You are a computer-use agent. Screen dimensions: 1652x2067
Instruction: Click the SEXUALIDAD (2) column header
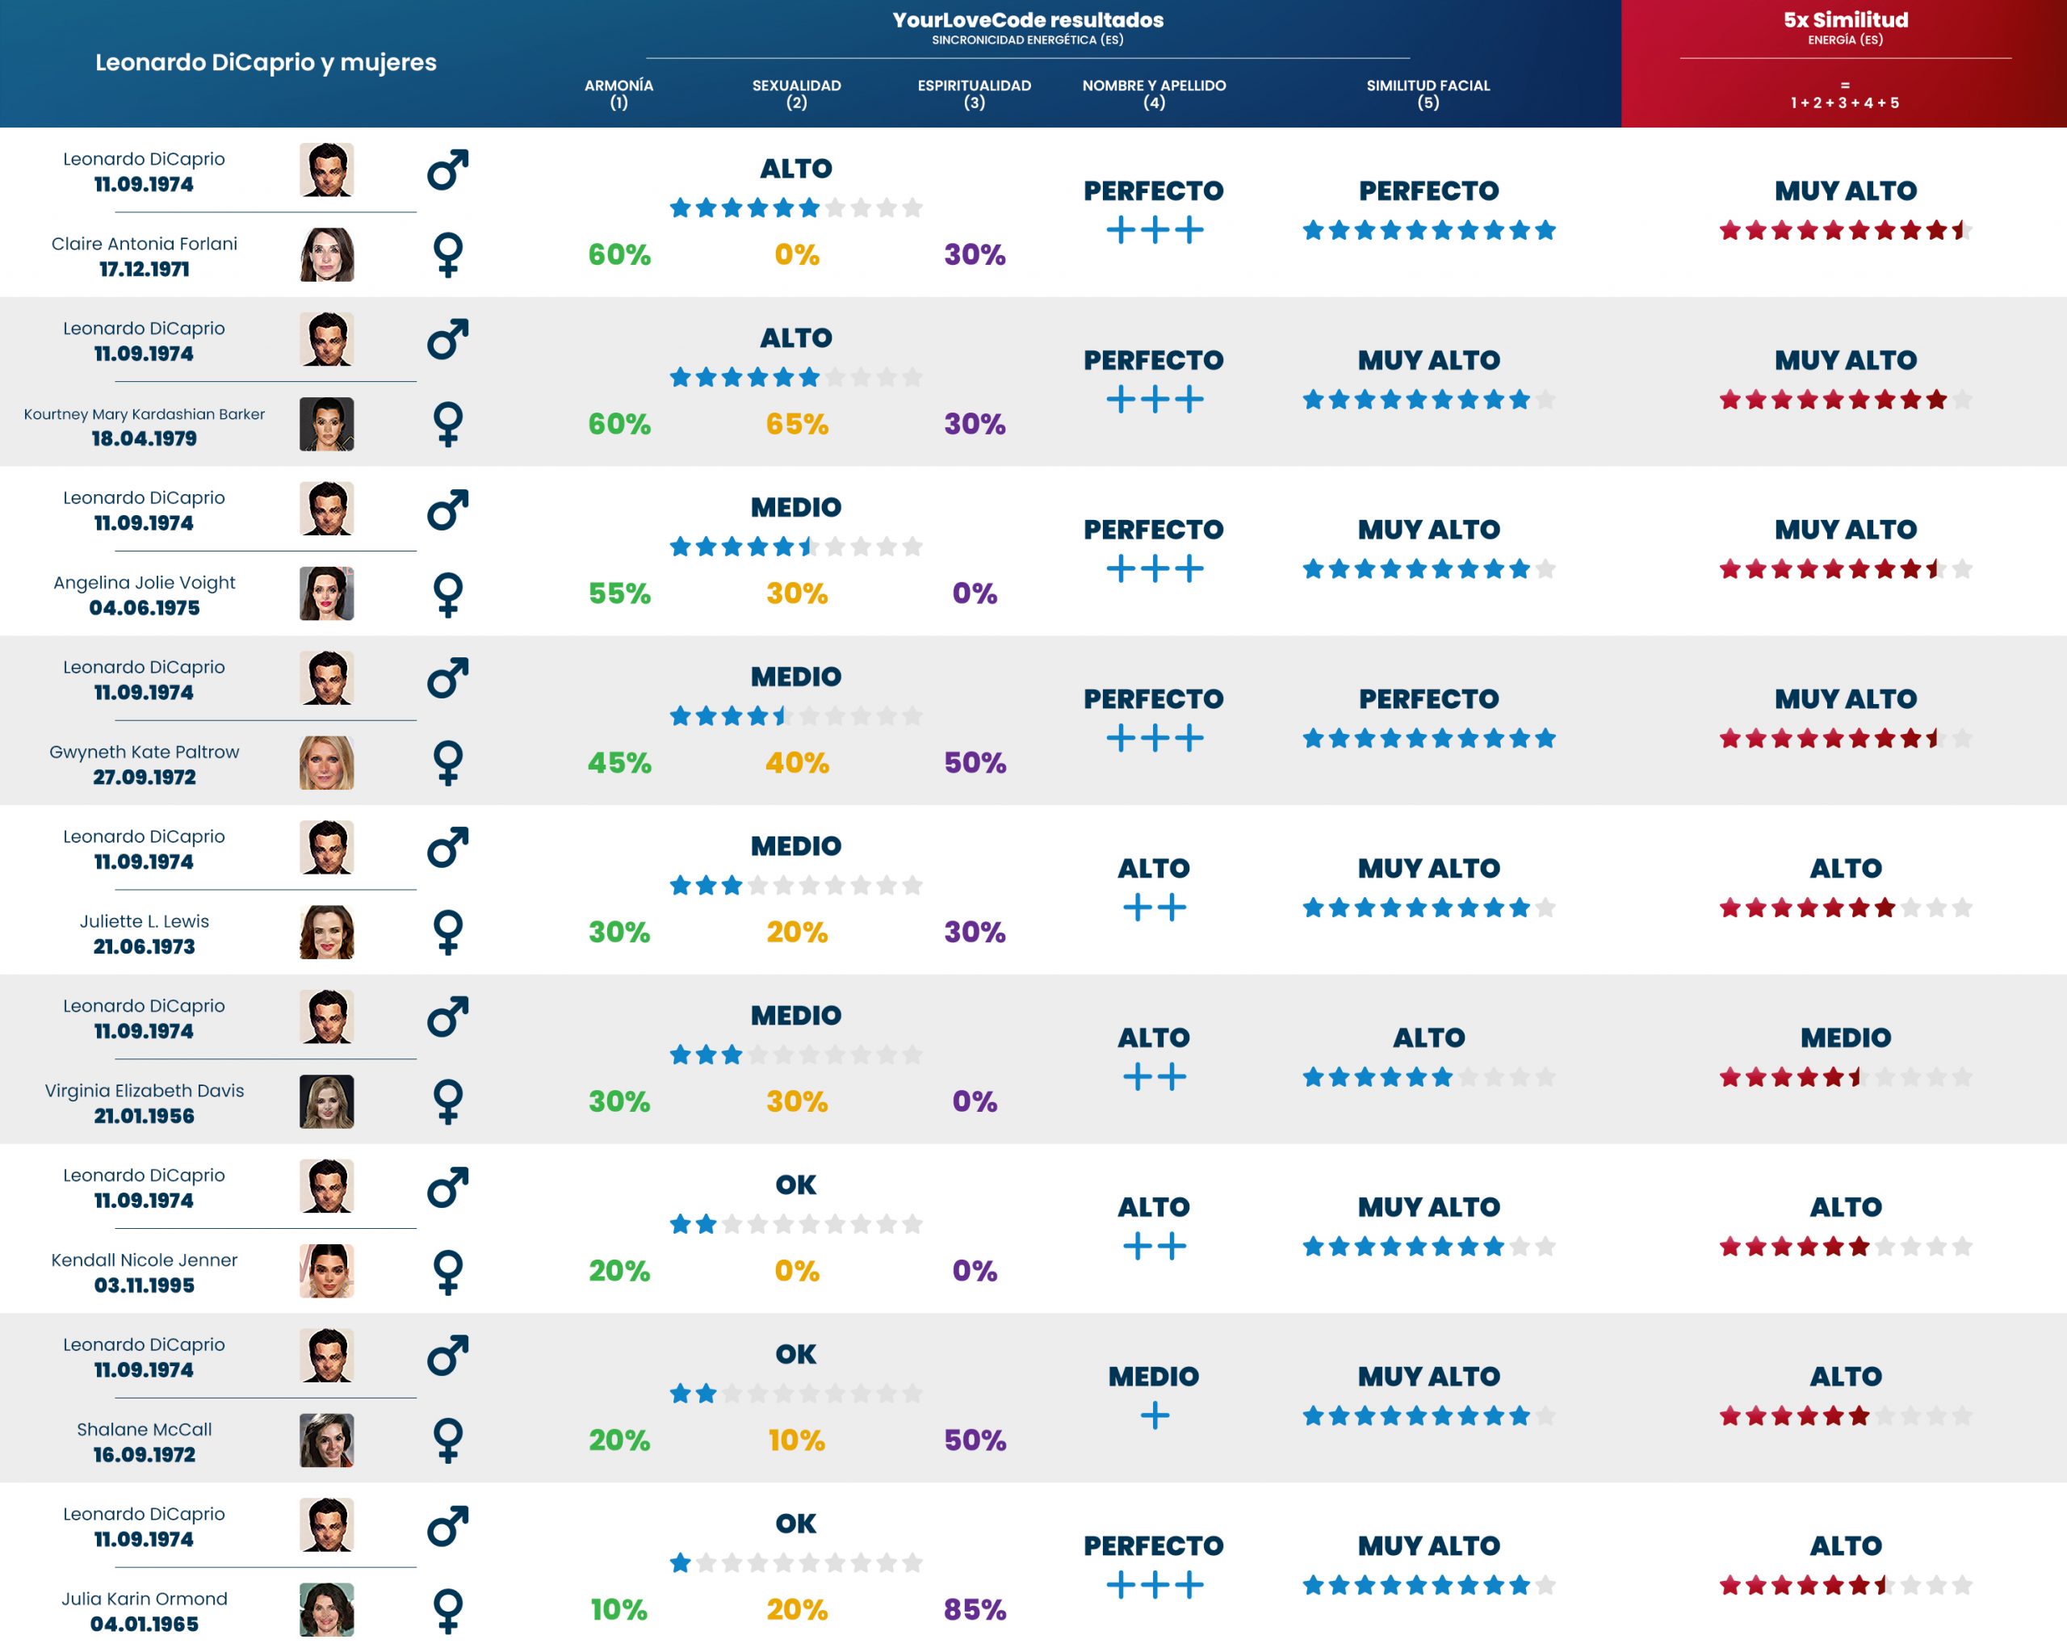point(796,93)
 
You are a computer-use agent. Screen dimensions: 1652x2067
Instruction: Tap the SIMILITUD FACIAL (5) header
point(1428,93)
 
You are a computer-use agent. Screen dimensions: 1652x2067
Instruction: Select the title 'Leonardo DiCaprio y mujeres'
point(266,62)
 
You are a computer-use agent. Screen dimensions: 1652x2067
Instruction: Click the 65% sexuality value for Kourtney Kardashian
point(796,424)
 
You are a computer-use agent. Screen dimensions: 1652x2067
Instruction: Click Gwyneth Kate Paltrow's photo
point(326,762)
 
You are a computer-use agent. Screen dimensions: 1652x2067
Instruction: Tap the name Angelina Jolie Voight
point(144,582)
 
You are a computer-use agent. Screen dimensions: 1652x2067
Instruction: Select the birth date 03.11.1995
point(144,1285)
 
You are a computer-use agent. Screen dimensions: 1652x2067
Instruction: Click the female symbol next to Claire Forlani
point(448,255)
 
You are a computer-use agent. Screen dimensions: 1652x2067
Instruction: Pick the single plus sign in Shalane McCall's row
point(1155,1415)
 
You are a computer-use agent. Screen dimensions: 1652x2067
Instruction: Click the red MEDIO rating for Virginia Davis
point(1845,1038)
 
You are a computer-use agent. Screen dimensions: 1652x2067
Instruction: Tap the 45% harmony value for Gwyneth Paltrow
point(618,762)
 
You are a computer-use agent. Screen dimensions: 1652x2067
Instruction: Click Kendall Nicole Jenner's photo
point(326,1270)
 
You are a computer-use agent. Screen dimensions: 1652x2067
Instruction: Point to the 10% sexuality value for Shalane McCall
point(796,1439)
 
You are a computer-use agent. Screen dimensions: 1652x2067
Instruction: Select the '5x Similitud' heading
point(1845,20)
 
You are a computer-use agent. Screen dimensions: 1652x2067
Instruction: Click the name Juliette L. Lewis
point(144,920)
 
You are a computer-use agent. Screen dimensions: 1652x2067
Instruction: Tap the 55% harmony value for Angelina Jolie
point(618,593)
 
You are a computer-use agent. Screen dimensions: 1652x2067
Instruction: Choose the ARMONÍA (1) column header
point(618,93)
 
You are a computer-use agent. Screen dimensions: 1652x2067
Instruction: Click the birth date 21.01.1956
point(144,1116)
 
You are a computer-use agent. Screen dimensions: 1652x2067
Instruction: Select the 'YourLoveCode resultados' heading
point(1027,20)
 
